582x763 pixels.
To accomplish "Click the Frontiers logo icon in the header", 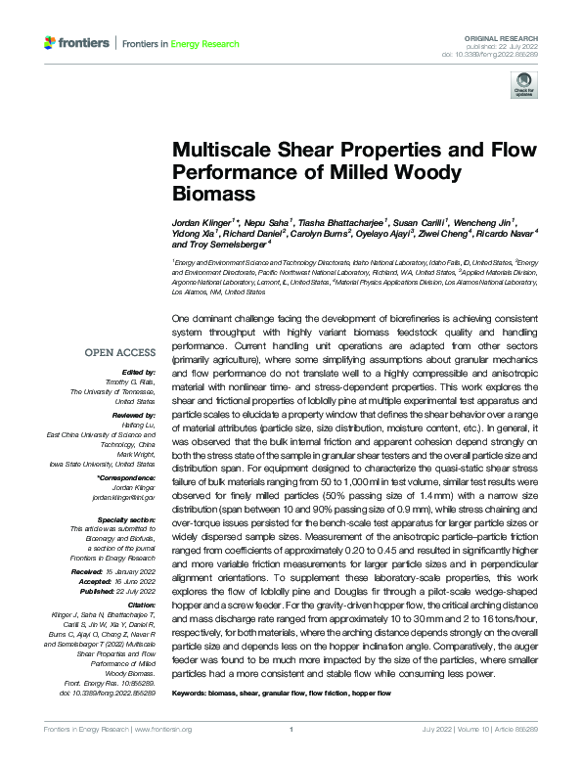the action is pos(50,44).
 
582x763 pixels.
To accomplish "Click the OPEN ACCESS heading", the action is pos(120,353).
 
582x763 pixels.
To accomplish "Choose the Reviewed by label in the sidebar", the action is pos(128,416).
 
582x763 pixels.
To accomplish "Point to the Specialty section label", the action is pos(121,518).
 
